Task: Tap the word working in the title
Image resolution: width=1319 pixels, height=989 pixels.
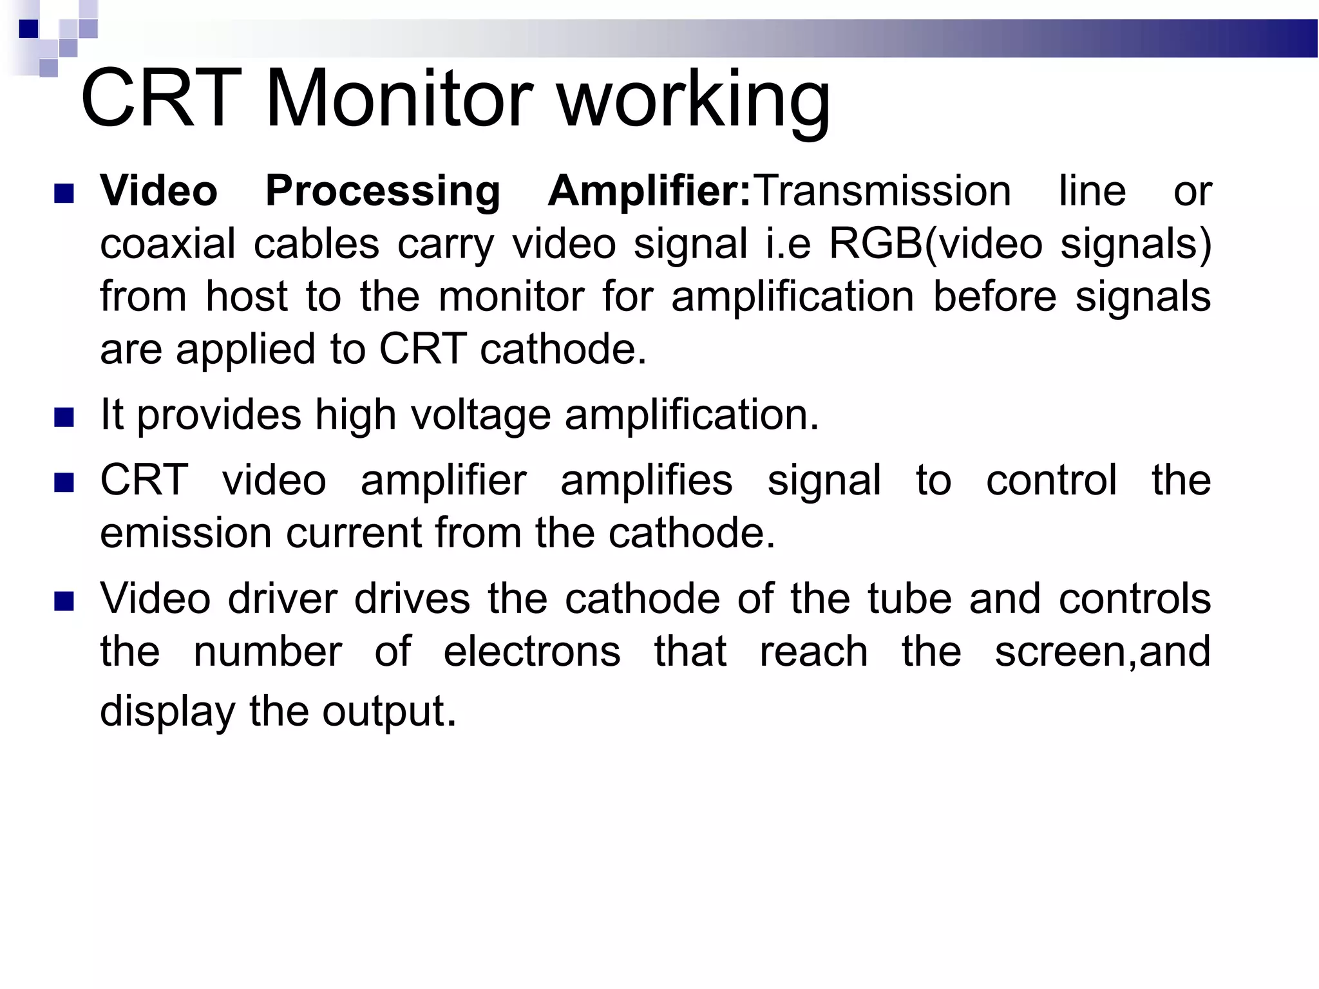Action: pos(694,102)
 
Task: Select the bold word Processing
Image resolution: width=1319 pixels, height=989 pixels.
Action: pos(383,193)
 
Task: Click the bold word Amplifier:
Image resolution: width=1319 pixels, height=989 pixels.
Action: pos(649,193)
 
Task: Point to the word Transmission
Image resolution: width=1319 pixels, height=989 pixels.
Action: pos(883,191)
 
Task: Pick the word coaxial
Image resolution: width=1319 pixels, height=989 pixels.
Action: pos(168,244)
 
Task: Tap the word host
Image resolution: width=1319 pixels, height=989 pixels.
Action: pos(246,297)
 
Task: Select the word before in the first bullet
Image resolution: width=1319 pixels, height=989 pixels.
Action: pos(994,297)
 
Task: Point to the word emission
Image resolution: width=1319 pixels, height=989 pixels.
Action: pos(185,534)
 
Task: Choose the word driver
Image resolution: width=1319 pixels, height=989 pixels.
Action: pos(283,599)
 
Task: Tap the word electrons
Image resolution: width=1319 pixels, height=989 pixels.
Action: pos(532,652)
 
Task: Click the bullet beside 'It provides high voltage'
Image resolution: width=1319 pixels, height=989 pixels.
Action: pos(64,417)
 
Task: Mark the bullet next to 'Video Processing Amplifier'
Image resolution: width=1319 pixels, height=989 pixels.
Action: pos(64,193)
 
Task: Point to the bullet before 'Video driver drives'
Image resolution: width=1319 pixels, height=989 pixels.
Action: pos(64,601)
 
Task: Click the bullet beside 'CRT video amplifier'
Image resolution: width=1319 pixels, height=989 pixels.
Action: pos(64,483)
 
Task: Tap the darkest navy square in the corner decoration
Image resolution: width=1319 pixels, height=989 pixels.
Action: pos(28,29)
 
